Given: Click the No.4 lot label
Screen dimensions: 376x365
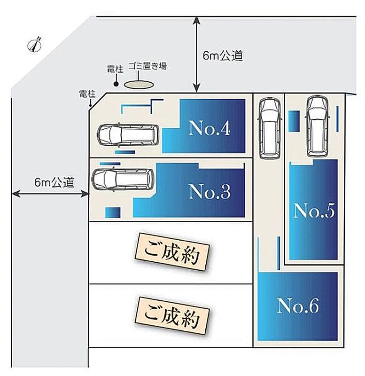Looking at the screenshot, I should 210,128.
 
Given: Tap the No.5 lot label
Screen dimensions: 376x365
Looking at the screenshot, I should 313,211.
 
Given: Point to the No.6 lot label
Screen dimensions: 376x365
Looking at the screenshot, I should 298,306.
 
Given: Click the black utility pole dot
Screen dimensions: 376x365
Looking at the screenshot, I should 116,84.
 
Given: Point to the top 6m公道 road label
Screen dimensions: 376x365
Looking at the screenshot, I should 223,56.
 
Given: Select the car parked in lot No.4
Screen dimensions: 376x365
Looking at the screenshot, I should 128,135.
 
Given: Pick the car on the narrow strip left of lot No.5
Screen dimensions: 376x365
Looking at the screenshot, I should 269,127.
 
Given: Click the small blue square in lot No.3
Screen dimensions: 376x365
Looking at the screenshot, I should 113,212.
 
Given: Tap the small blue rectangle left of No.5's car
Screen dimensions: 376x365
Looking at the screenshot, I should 294,121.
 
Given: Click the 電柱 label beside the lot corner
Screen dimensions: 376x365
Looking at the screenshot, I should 86,94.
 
